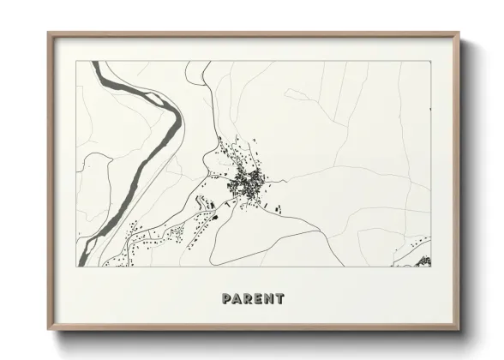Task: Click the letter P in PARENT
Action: coord(226,299)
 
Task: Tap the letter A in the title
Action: coord(237,299)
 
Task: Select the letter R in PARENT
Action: coord(248,299)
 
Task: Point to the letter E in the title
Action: coord(258,299)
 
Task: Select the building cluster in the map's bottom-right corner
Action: coord(422,261)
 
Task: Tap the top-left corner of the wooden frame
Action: coord(48,33)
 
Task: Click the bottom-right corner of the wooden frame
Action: coord(460,331)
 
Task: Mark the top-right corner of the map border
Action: coord(431,61)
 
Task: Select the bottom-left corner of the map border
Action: coord(76,267)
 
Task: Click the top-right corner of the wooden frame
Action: coord(460,33)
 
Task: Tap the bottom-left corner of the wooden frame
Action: coord(48,331)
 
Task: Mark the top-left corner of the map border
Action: coord(76,61)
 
